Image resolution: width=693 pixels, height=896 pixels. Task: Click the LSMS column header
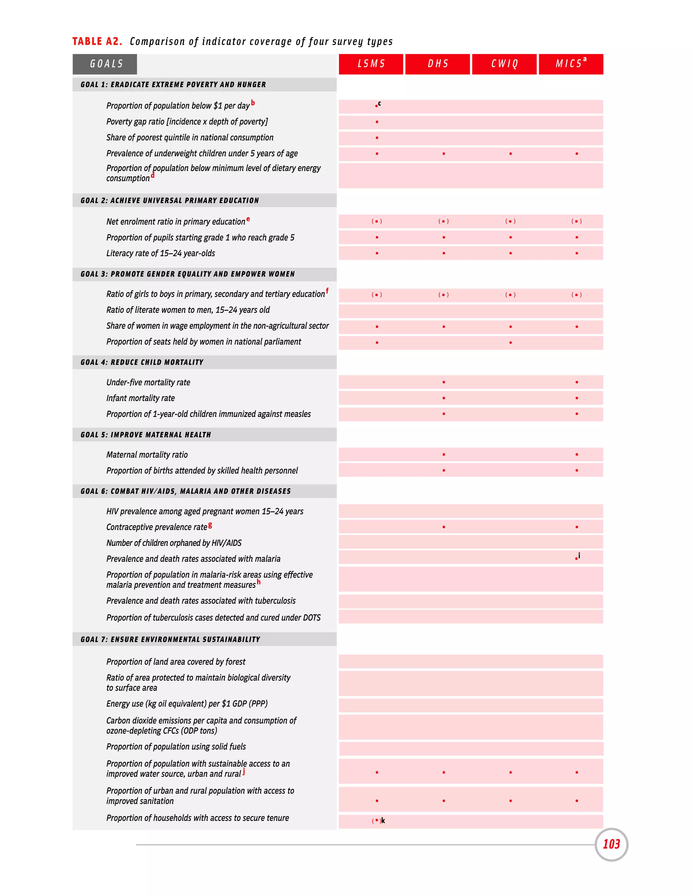[371, 64]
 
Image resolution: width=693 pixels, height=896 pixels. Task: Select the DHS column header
[438, 64]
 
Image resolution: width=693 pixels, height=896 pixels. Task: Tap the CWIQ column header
[504, 64]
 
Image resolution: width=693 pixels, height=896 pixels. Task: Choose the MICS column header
[571, 64]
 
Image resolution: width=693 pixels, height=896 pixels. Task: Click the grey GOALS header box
[105, 64]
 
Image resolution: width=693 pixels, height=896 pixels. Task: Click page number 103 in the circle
[611, 844]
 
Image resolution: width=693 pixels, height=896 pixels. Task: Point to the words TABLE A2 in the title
[97, 42]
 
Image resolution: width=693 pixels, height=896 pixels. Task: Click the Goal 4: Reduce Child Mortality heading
[142, 362]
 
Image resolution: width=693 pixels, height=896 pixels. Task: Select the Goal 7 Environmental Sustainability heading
[171, 639]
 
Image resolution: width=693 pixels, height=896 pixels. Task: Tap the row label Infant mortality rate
[140, 398]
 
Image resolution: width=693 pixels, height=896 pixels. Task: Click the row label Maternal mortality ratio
[147, 454]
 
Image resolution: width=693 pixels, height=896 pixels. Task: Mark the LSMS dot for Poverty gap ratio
[377, 122]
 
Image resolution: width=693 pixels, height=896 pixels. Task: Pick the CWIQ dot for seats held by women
[510, 343]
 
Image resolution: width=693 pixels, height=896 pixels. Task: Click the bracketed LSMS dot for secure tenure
[377, 821]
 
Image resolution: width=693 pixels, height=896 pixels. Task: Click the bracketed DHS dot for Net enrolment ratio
[443, 221]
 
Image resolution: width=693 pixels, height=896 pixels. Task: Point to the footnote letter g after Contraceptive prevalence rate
[210, 525]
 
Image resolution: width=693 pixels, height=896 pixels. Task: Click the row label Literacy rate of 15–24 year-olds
[160, 253]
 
